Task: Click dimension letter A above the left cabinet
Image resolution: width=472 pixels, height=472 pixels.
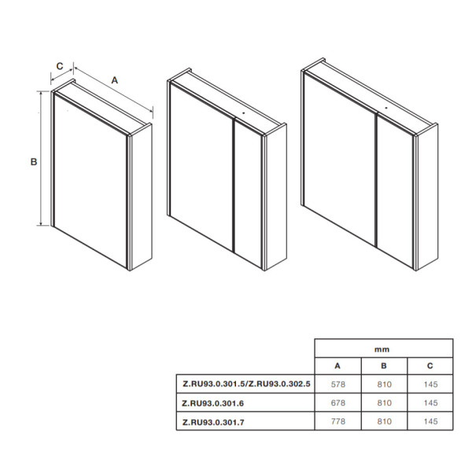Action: click(x=114, y=80)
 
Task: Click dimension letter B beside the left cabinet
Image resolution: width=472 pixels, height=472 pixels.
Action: click(x=34, y=162)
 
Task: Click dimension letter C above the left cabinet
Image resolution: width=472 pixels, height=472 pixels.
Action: click(x=59, y=66)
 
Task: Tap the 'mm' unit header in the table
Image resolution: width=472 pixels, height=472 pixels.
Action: click(x=383, y=348)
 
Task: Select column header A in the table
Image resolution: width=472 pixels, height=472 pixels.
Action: click(x=337, y=366)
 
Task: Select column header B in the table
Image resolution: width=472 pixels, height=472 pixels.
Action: click(x=383, y=366)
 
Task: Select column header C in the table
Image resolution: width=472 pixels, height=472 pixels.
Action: click(x=430, y=366)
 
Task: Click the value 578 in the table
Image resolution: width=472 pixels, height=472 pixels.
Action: click(x=337, y=385)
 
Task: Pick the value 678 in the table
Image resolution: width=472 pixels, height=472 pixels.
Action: click(x=337, y=403)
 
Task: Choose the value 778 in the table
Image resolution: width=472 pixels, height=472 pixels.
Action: click(x=337, y=421)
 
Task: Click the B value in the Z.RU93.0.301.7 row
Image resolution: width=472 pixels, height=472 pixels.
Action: click(x=383, y=421)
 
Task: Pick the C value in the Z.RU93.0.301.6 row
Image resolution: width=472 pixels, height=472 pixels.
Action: click(x=430, y=403)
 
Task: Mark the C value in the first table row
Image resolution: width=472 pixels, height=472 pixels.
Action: click(x=430, y=385)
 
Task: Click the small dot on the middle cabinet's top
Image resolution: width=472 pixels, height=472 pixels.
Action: click(x=244, y=112)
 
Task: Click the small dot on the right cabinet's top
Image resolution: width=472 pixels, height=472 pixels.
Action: click(x=386, y=105)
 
